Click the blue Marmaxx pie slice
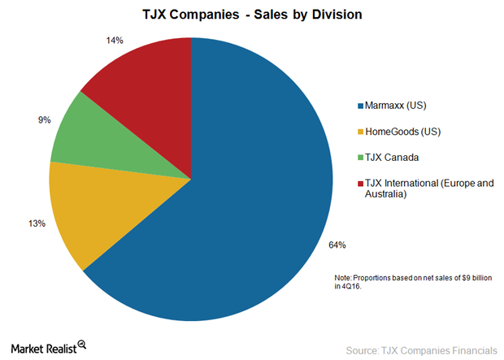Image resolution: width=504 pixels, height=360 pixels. (252, 203)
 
